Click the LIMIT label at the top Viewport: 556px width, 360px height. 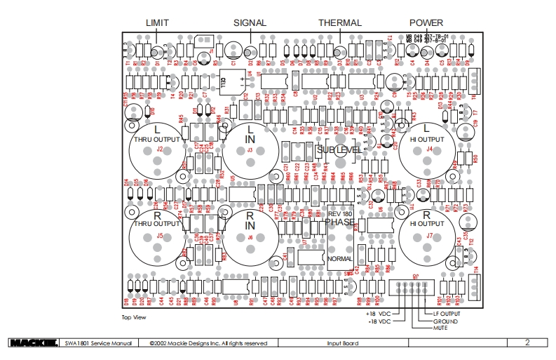coord(157,22)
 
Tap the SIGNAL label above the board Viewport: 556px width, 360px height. coord(250,22)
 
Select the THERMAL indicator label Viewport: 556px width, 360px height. coord(340,22)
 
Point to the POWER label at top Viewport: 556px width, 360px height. coord(426,22)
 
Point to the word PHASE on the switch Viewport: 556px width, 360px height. coord(339,222)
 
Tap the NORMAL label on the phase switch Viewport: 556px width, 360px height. coord(339,258)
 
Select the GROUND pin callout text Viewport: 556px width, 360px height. coord(446,321)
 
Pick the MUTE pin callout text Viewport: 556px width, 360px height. coord(440,328)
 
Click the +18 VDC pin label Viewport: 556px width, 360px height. coord(378,314)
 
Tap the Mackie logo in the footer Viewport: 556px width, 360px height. coord(33,343)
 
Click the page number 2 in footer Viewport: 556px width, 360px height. coord(527,342)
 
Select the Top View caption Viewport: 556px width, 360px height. coord(134,318)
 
